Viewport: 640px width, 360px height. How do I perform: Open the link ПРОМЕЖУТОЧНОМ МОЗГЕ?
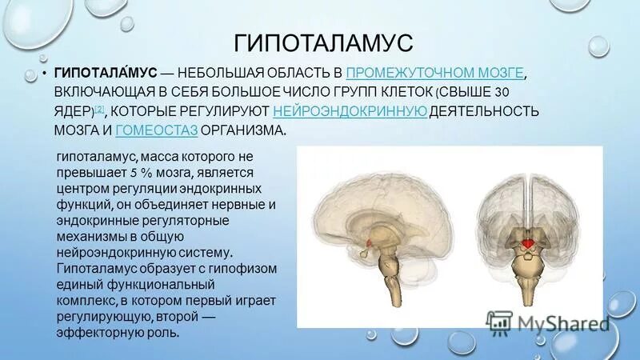[437, 73]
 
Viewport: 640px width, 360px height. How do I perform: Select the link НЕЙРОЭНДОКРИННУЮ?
[350, 110]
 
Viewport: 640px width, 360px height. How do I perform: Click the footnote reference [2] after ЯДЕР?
[98, 108]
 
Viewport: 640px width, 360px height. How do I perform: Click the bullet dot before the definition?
[45, 74]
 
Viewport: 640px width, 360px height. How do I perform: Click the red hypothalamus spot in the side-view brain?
[369, 242]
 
